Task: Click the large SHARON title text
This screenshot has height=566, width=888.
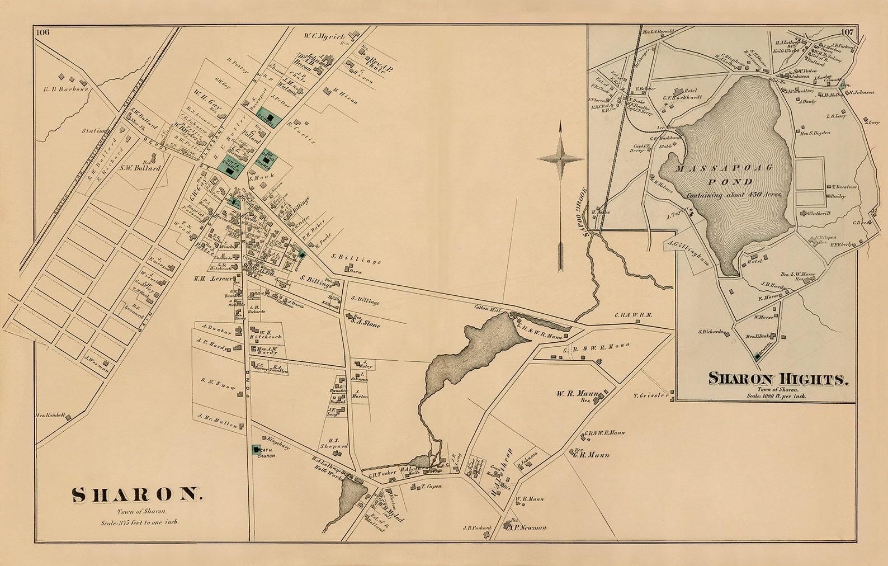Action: (135, 494)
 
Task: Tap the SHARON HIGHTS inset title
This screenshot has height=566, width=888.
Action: (778, 379)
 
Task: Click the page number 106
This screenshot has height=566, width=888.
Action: (43, 32)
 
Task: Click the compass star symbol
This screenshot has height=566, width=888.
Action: (560, 159)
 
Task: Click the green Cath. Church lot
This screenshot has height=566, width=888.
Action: (256, 449)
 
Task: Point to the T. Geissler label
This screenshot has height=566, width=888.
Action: (651, 396)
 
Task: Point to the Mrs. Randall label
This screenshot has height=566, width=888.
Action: (50, 415)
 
